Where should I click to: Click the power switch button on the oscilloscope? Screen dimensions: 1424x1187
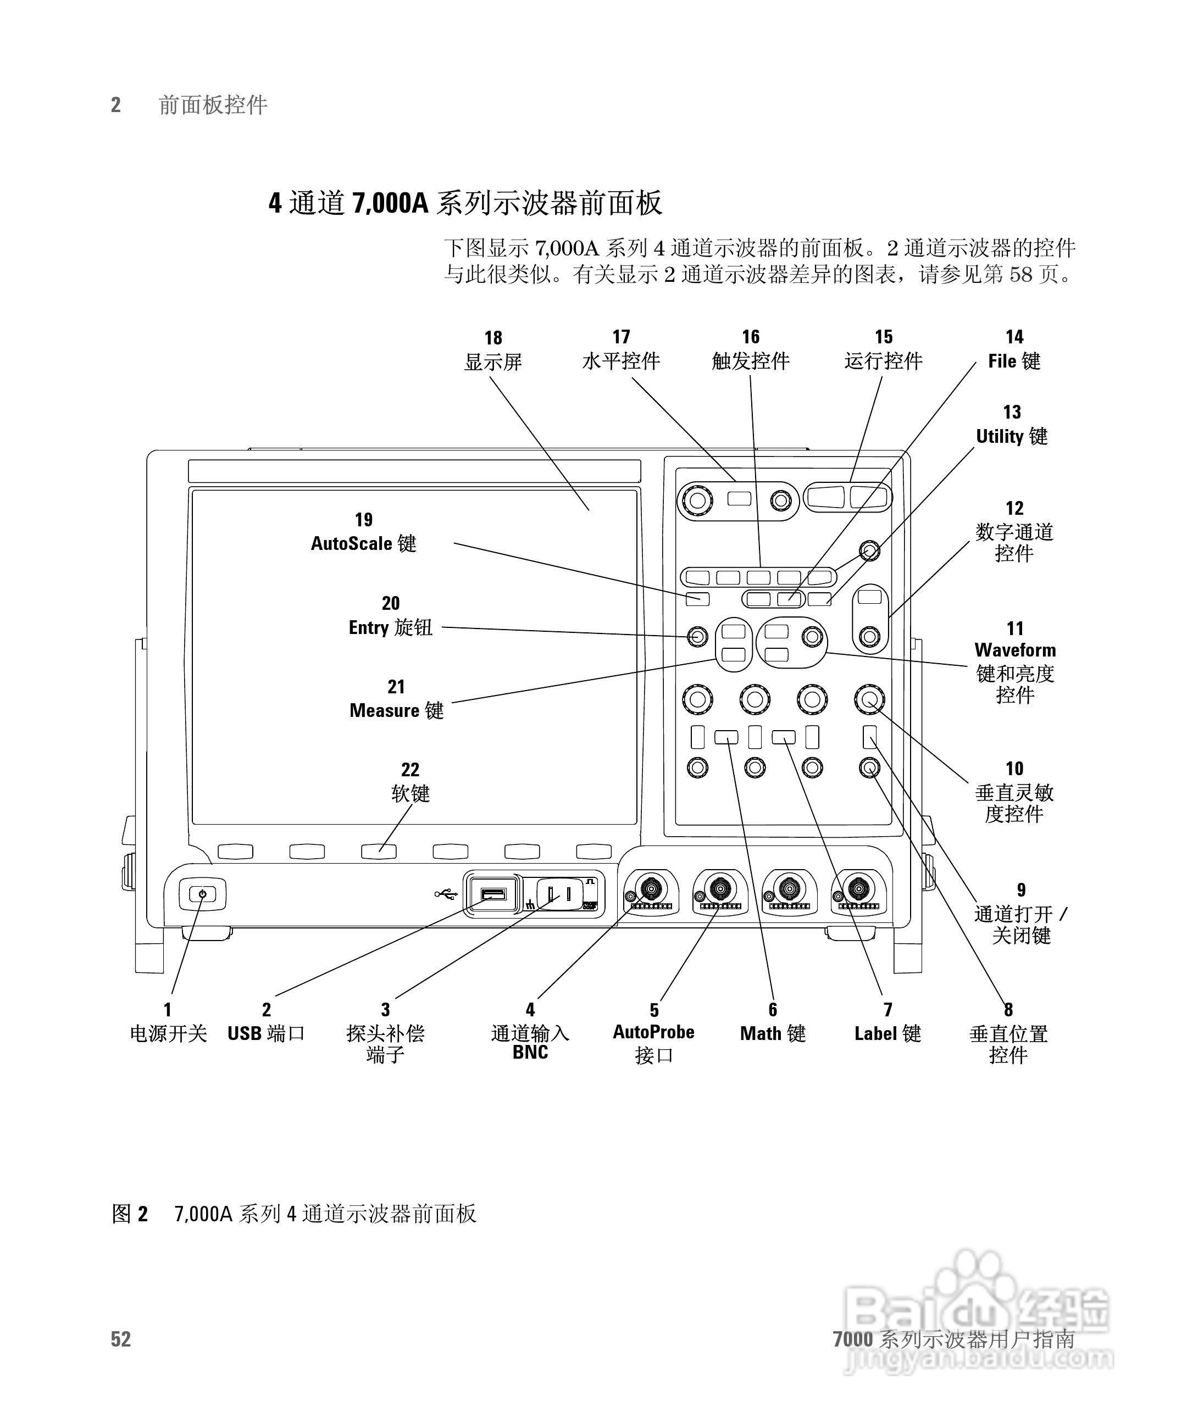(x=202, y=894)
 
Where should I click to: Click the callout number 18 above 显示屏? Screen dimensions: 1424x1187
(x=493, y=338)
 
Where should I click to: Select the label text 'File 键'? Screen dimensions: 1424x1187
(x=1014, y=361)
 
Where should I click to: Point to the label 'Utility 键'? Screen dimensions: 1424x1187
(x=1011, y=436)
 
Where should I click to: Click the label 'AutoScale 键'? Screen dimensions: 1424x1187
(x=364, y=543)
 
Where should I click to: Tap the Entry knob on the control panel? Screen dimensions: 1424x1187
(x=697, y=637)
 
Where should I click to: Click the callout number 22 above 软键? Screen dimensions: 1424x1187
(x=410, y=769)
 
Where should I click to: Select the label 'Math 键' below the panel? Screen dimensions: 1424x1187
(x=773, y=1033)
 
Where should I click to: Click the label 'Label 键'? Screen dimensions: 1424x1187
(x=887, y=1033)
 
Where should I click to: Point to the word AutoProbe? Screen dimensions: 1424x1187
(x=653, y=1031)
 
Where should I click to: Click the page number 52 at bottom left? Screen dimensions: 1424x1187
(x=121, y=1338)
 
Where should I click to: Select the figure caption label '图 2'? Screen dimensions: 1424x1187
(x=129, y=1213)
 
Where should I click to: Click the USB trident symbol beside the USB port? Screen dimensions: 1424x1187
(x=446, y=894)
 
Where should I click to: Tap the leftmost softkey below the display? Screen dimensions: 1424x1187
(x=235, y=852)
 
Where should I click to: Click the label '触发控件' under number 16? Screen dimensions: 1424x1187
(x=750, y=361)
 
